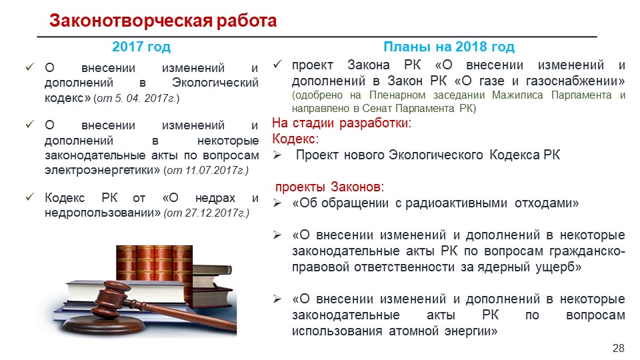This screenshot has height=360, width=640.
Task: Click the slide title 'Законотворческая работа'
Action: (x=163, y=21)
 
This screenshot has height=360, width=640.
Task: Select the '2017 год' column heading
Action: (x=141, y=47)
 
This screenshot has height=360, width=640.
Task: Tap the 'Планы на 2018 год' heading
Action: (x=449, y=47)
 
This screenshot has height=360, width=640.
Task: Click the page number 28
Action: (x=619, y=348)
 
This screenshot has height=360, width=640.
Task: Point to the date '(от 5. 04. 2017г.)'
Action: (x=136, y=99)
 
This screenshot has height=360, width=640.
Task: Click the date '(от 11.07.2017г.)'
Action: (x=206, y=170)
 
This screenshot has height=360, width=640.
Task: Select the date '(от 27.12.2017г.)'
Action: (x=206, y=213)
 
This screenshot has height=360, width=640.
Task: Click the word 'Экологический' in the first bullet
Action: (x=215, y=83)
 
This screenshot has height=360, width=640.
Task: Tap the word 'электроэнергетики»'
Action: (x=103, y=170)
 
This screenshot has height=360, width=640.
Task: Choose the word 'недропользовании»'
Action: (x=103, y=213)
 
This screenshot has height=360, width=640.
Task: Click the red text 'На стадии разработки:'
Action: (x=341, y=123)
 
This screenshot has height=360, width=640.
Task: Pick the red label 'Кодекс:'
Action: (x=295, y=139)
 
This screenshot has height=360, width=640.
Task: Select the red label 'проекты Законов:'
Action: (x=329, y=187)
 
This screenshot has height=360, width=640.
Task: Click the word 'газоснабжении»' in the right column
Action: (x=575, y=81)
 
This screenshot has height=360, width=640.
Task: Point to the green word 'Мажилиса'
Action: (x=517, y=95)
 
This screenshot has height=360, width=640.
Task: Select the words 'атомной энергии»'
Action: (x=443, y=331)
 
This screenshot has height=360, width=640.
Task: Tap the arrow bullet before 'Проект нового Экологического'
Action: (x=277, y=155)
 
